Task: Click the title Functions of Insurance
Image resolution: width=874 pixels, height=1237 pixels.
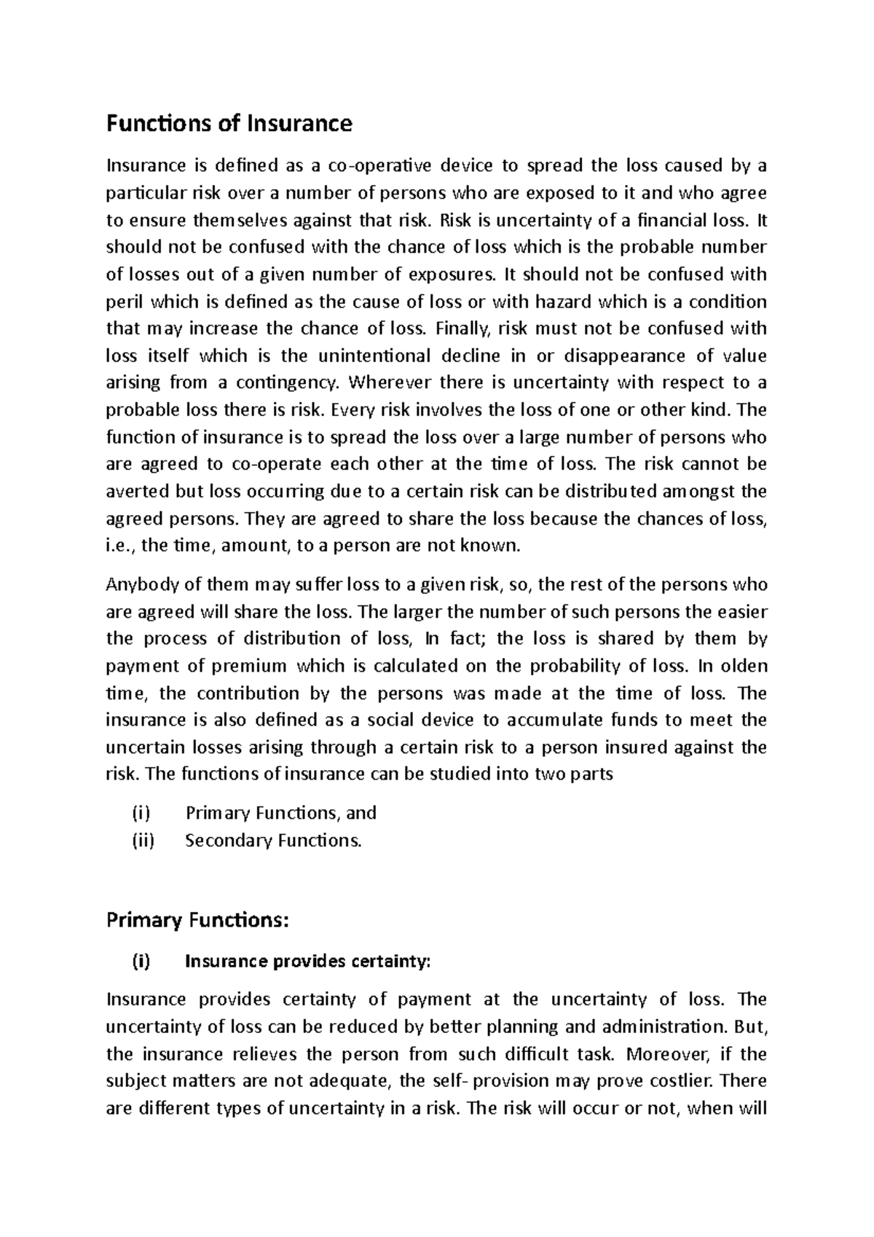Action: click(229, 124)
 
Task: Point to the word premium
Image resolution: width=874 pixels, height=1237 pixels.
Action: click(248, 666)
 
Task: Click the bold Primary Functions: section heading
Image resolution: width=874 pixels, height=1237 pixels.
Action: click(197, 921)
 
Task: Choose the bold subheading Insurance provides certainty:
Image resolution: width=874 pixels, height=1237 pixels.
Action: click(308, 962)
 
